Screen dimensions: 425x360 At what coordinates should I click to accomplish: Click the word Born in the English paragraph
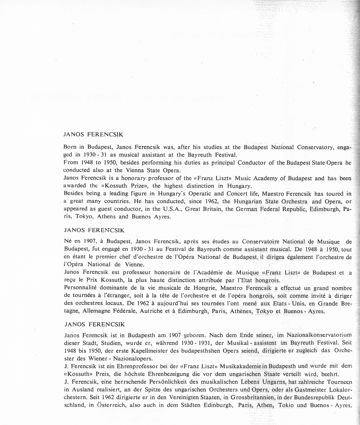click(x=69, y=147)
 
